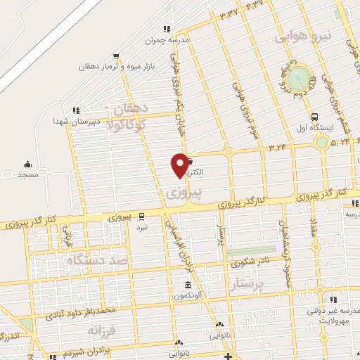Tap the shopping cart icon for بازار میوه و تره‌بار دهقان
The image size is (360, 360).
pos(116,56)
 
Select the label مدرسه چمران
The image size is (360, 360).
pos(167,40)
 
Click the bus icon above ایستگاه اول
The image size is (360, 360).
pos(314,118)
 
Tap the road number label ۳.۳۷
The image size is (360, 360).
pos(228,13)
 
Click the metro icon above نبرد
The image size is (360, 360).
pos(143,215)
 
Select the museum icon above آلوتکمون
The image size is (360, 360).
pos(188,285)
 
